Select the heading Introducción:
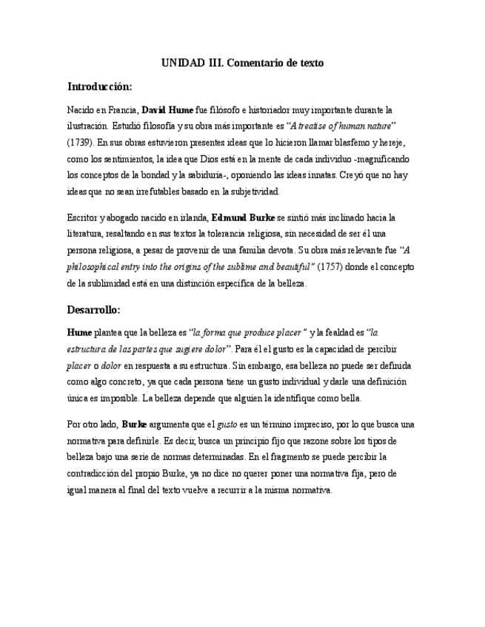pos(99,87)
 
